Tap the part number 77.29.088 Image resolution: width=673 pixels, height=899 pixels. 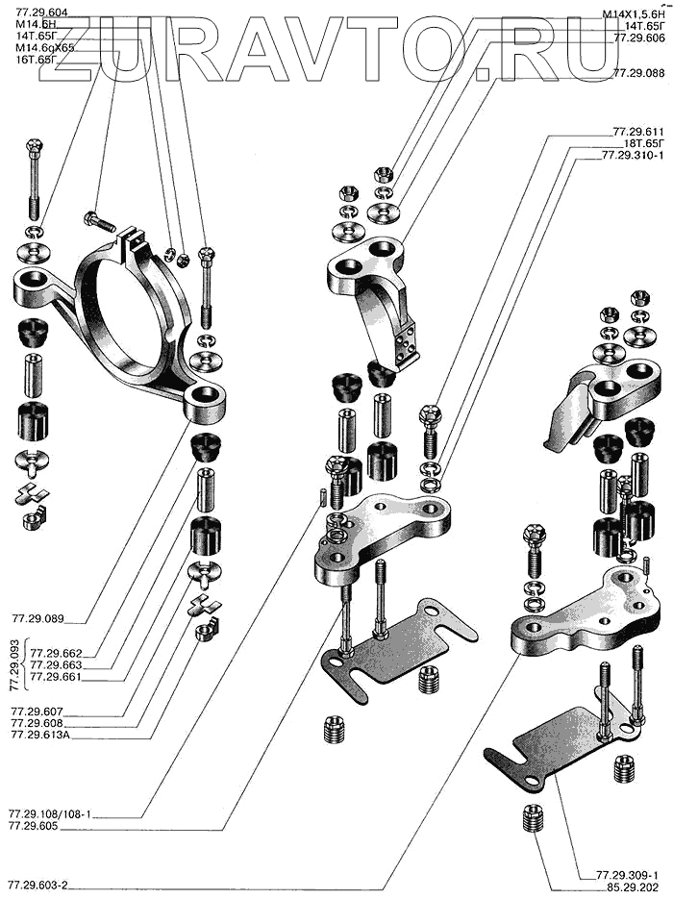638,72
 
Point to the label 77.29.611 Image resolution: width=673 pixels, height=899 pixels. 638,131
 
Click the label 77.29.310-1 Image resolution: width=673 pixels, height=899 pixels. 633,154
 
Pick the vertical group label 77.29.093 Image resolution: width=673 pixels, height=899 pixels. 14,663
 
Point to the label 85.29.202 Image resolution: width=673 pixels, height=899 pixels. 633,887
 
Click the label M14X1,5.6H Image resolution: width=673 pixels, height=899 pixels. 632,12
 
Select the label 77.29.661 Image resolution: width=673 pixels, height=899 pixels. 56,676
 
